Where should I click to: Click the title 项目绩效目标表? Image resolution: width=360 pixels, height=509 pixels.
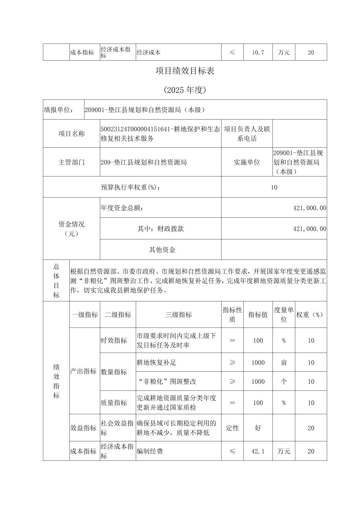185,71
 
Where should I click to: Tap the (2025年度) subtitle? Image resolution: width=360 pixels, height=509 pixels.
185,90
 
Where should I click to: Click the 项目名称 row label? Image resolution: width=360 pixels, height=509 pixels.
71,134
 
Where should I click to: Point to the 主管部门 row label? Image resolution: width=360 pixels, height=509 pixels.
71,162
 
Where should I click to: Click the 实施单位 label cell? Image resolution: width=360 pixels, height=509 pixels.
247,162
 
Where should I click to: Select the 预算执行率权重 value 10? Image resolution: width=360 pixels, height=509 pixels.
274,187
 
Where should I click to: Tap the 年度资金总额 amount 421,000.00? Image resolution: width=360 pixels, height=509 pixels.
309,208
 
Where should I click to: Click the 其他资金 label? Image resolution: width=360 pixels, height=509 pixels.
162,250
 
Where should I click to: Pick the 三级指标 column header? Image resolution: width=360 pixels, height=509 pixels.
178,315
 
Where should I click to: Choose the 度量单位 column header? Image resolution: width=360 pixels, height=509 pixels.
284,315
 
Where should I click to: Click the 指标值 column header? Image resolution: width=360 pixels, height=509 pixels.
258,315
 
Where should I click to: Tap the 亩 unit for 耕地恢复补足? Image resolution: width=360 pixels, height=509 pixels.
284,363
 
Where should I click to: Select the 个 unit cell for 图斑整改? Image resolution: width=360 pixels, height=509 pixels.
284,381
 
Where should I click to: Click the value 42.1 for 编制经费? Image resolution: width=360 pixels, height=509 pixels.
258,451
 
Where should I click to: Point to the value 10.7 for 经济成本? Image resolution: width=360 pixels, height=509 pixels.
258,53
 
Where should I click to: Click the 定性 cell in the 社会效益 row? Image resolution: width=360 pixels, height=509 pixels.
232,428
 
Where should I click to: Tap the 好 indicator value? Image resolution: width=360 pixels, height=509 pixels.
258,428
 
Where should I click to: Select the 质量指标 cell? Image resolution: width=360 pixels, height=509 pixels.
114,403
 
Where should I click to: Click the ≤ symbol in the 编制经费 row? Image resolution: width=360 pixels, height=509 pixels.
232,451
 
